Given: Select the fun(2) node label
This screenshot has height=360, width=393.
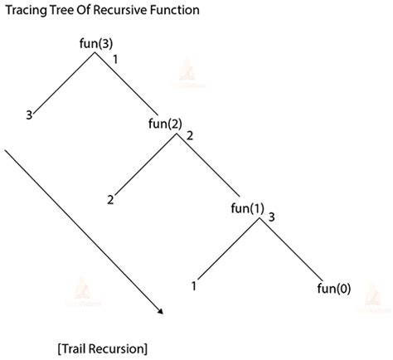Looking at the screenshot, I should pos(163,124).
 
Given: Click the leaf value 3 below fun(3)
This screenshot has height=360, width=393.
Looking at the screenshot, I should pos(29,115).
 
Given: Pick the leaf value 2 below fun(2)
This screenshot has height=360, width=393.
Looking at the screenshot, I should pos(109,199).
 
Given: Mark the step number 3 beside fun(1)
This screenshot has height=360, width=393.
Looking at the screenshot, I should pos(273,217).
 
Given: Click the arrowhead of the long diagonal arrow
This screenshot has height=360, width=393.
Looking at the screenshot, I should pos(158,312).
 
